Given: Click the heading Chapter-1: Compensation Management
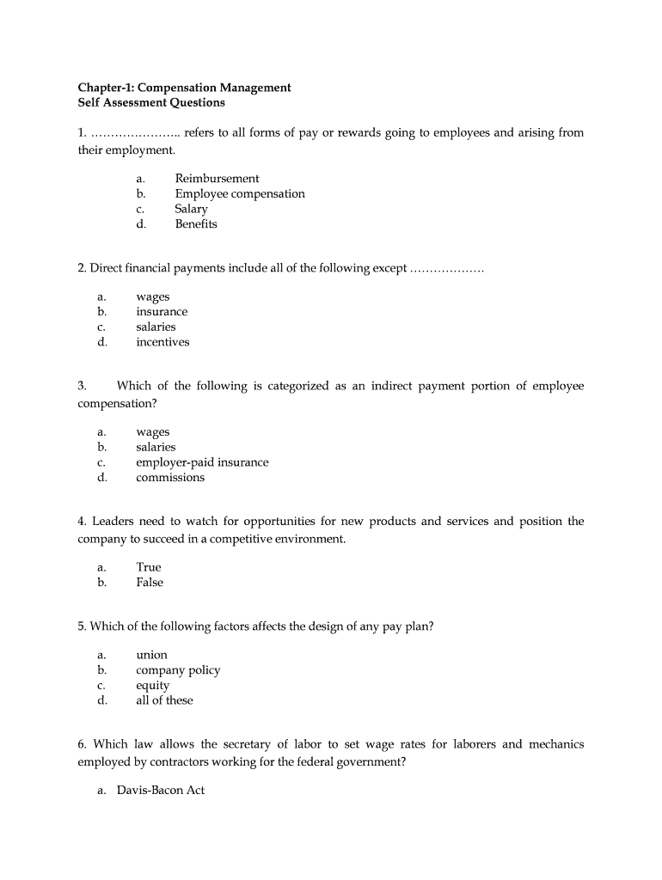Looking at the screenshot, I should (184, 88).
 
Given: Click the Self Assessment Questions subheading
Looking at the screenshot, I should (151, 103).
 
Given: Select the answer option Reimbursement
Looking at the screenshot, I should (217, 179).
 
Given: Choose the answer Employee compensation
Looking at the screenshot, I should (240, 194).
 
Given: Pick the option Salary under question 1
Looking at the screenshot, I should (191, 209).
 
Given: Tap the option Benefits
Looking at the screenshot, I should (196, 224).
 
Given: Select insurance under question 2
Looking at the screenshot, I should (162, 312).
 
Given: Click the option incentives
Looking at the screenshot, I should (162, 342).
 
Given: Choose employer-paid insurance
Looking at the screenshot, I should (202, 462).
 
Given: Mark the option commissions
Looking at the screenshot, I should (170, 478).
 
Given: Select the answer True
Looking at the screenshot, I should (149, 567).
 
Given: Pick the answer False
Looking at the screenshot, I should (150, 583).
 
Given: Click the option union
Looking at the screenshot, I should (151, 655).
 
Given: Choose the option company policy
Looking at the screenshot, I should (178, 670).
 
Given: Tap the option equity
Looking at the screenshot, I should (153, 686).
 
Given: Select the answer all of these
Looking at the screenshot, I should (164, 700).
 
